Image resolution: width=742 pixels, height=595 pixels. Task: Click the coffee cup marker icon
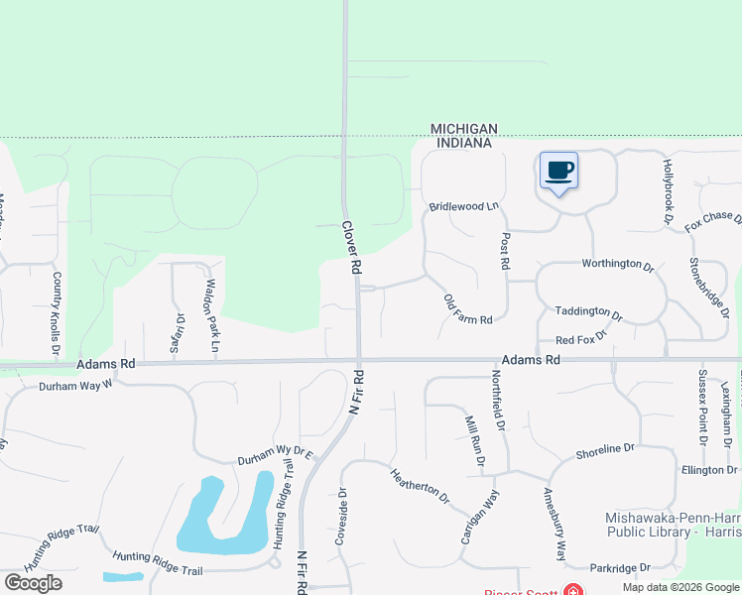(559, 171)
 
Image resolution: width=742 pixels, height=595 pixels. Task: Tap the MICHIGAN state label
(463, 129)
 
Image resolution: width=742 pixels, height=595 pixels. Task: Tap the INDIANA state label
(463, 143)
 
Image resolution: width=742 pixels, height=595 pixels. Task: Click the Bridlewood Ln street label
(463, 206)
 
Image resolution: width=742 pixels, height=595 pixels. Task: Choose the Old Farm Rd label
(468, 309)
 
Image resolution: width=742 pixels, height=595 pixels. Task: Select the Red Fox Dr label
(580, 340)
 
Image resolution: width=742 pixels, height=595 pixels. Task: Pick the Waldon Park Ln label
(210, 316)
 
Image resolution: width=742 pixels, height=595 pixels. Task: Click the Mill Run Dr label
(474, 440)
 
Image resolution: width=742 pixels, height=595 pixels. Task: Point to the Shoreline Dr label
(604, 449)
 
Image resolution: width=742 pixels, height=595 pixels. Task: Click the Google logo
(33, 583)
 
